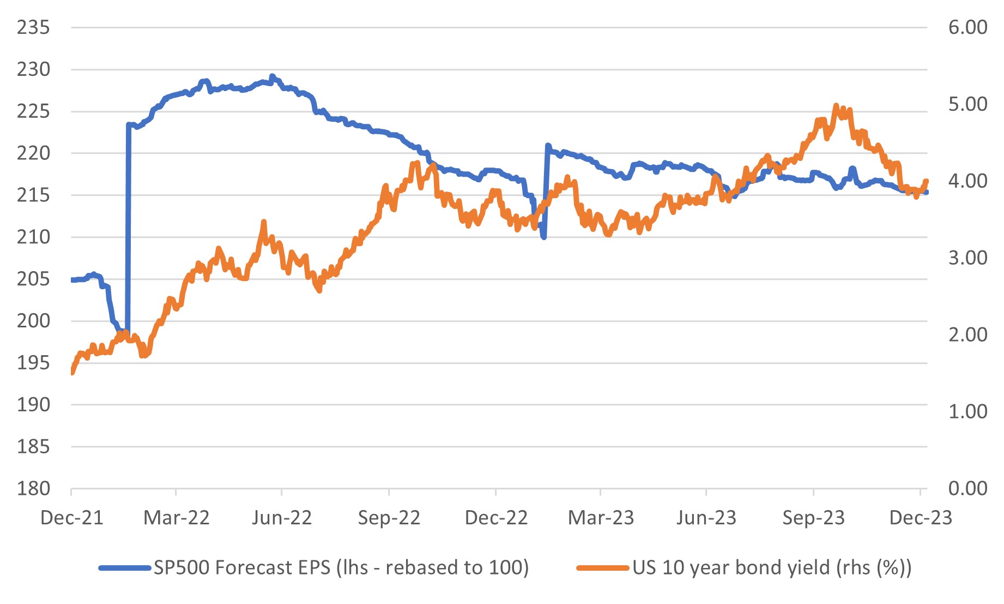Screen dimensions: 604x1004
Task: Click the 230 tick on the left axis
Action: click(33, 69)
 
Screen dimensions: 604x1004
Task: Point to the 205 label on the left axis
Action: click(33, 279)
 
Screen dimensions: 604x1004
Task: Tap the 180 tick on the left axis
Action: click(33, 488)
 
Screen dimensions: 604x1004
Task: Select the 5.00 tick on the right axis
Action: click(967, 104)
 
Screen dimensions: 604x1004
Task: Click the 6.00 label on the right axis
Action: click(967, 27)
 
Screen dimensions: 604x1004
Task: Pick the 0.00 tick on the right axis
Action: click(967, 488)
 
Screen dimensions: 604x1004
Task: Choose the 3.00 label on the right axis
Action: click(967, 258)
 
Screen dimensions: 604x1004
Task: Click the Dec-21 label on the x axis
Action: click(72, 518)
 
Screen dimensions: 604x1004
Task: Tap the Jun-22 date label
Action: click(282, 518)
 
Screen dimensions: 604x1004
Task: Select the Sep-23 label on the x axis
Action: click(813, 518)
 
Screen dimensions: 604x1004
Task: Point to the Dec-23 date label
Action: click(921, 518)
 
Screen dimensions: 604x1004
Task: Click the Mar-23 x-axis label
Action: click(601, 518)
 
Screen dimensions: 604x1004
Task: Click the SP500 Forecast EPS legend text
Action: click(341, 568)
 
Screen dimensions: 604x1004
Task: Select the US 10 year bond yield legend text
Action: click(772, 568)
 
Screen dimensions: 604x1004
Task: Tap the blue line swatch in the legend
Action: click(124, 568)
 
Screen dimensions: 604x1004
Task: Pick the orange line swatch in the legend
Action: click(603, 568)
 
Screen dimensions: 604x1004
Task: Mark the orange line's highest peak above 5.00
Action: click(836, 105)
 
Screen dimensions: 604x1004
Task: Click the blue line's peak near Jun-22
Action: click(272, 76)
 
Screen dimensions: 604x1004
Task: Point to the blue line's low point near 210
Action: click(544, 237)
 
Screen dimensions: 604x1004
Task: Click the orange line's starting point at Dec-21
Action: click(72, 372)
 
